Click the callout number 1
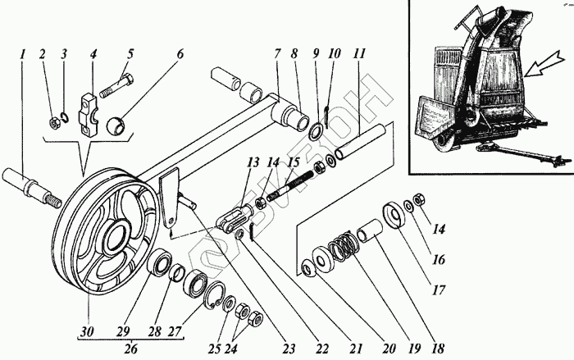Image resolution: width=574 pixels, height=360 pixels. pyautogui.click(x=24, y=55)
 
